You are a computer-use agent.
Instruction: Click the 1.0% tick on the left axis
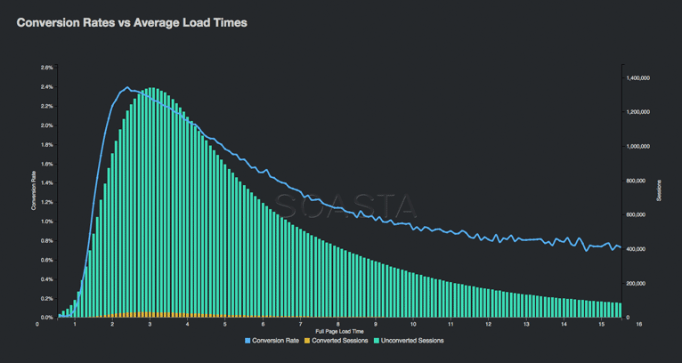46,222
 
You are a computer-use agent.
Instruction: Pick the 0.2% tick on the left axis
46,298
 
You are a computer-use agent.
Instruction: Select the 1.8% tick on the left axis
46,144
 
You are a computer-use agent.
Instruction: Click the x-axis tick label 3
150,325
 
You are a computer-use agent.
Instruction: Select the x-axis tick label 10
414,325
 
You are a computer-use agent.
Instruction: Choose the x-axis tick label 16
639,325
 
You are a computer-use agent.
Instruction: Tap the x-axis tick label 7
301,325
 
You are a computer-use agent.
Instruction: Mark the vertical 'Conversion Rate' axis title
34,192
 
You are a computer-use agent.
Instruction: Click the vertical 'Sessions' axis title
660,192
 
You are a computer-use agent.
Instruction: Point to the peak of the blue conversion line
126,87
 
